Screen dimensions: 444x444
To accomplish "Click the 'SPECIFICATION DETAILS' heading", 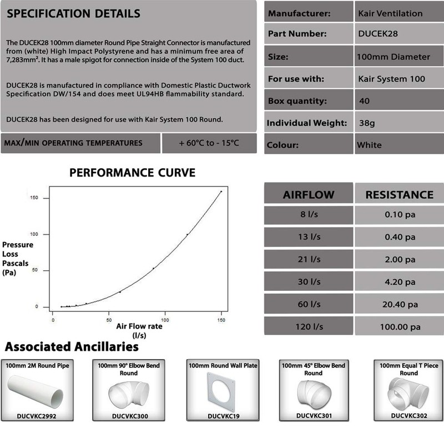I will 72,13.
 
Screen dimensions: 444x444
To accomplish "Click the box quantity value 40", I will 365,102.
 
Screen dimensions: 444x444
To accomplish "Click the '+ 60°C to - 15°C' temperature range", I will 209,143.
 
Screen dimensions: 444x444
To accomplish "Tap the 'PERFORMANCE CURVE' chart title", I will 132,173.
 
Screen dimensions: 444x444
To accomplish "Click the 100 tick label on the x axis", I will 165,320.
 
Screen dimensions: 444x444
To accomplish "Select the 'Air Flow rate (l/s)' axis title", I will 139,331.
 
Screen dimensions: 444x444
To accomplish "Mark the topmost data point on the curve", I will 221,191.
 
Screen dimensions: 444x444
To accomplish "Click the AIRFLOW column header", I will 309,194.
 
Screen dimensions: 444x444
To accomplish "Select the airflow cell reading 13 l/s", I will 309,237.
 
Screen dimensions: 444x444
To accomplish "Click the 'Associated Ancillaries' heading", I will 72,347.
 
